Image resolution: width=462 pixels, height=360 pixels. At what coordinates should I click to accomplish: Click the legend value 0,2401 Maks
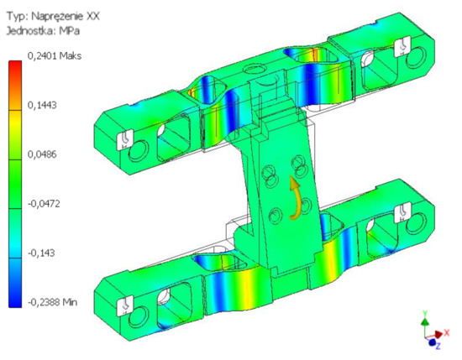55,56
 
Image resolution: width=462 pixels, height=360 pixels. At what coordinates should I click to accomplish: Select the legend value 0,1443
42,105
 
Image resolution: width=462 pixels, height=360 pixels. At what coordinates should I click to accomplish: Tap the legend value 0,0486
42,154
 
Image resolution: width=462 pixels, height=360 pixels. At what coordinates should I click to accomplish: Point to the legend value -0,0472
44,203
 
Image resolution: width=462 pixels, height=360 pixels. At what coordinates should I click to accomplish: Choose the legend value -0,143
41,253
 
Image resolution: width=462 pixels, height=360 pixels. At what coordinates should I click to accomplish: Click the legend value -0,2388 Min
52,302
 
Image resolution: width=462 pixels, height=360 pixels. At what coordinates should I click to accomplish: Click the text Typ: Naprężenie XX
53,16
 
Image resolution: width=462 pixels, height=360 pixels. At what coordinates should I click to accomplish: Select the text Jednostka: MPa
43,31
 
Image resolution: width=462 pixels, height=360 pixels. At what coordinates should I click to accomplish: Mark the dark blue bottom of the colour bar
15,297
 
